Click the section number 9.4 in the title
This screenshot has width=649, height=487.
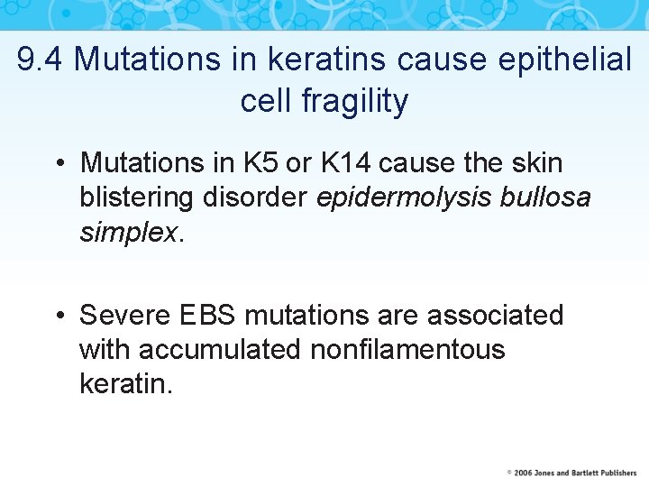pyautogui.click(x=41, y=60)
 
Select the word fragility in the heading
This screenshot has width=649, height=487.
pyautogui.click(x=354, y=101)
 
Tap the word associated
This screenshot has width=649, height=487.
pyautogui.click(x=495, y=316)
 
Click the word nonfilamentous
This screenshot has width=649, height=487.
pyautogui.click(x=407, y=350)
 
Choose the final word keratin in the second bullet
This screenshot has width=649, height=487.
pyautogui.click(x=124, y=384)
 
